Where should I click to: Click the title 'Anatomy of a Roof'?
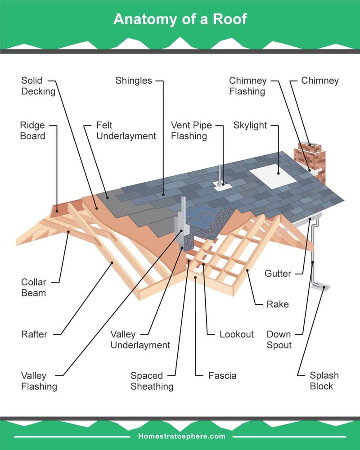coord(180,19)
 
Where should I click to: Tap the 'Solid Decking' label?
coord(38,86)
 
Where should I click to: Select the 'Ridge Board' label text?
coord(32,130)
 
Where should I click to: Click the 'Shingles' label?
coord(134,81)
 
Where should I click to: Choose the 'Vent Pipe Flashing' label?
coord(191,130)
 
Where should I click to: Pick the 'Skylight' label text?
coord(250,125)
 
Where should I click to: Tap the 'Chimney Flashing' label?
coord(247,86)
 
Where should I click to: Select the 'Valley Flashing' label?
coord(39,381)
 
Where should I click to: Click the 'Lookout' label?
coord(237,334)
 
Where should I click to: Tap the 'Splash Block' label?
coord(324,381)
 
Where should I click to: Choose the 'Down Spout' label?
coord(279,340)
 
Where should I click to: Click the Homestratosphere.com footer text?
coord(180,436)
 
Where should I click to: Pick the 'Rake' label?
coord(277,304)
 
